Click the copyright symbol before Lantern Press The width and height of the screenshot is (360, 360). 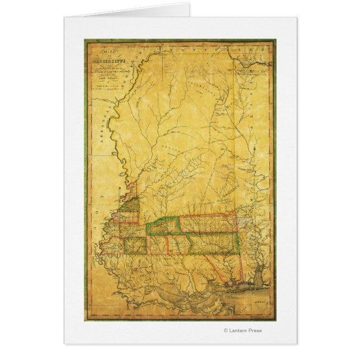[x=226, y=330]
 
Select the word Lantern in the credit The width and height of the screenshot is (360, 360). [x=240, y=330]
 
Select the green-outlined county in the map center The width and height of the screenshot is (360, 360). [x=162, y=226]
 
